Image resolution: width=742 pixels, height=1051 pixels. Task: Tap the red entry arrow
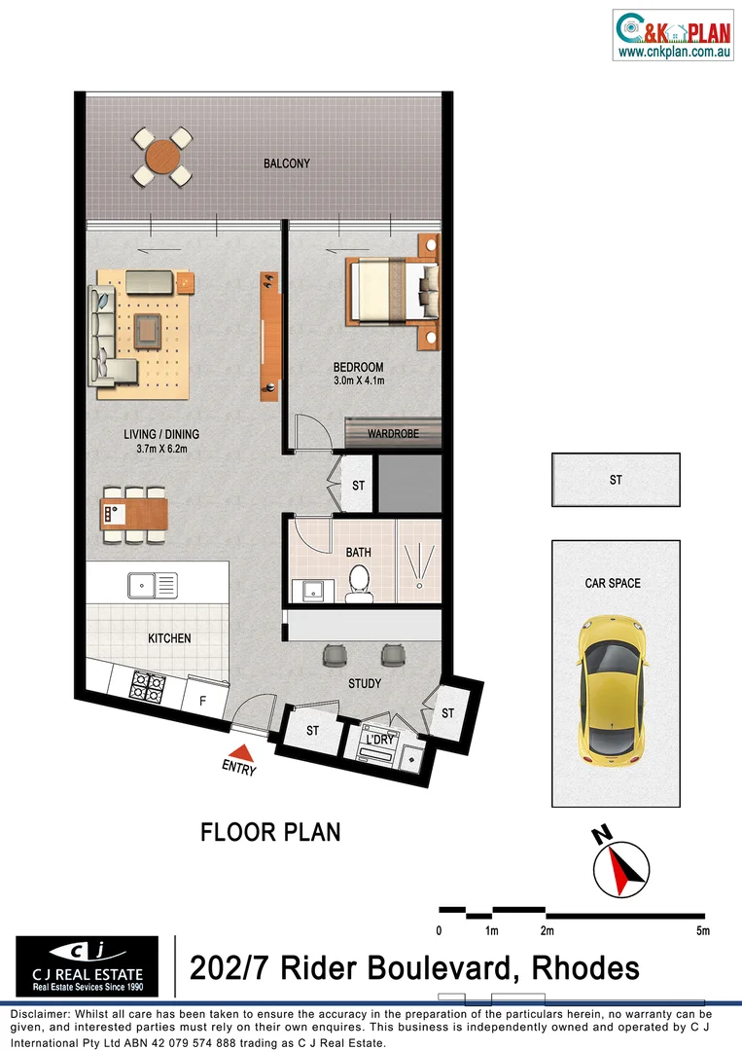coord(240,751)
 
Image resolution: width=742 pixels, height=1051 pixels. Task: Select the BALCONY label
coord(287,163)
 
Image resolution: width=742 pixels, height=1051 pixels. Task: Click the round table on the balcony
coord(162,157)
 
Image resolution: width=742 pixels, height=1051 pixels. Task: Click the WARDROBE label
coord(393,433)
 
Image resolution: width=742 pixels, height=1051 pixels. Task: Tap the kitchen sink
coord(153,586)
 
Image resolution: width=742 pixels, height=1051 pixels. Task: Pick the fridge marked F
coord(203,700)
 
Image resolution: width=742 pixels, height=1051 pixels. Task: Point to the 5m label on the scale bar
coord(703,931)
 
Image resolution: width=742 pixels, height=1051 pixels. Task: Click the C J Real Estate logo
coord(88,965)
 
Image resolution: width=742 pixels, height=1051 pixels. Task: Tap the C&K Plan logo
coord(673,35)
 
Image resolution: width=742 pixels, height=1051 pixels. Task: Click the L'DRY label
coord(378,741)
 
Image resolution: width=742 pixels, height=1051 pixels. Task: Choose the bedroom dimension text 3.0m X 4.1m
coord(357,381)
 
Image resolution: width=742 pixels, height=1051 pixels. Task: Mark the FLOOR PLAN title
coord(270,833)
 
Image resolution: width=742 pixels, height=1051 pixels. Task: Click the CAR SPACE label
coord(613,584)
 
